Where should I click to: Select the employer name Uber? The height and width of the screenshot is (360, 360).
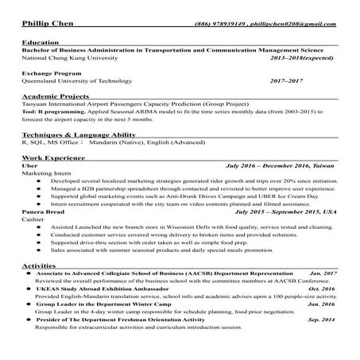(x=30, y=168)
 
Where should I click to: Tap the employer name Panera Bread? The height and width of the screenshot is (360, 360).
(x=45, y=213)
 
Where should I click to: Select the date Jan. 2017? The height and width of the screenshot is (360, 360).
(x=323, y=273)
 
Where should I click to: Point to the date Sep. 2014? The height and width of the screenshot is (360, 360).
(x=322, y=319)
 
